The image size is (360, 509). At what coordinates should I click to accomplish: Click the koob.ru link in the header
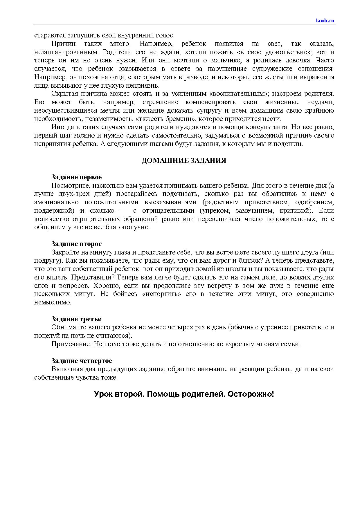click(x=325, y=20)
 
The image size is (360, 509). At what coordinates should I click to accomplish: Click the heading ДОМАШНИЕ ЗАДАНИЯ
click(x=184, y=160)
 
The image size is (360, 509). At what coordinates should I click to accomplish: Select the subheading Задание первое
click(x=77, y=177)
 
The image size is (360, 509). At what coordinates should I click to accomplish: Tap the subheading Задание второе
click(x=77, y=244)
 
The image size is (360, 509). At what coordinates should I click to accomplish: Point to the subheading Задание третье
click(x=76, y=319)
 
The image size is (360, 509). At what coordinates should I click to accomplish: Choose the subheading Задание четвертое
click(x=82, y=361)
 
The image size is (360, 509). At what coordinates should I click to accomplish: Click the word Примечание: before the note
click(x=68, y=344)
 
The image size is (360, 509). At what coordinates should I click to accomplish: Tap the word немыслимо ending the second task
click(x=52, y=302)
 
